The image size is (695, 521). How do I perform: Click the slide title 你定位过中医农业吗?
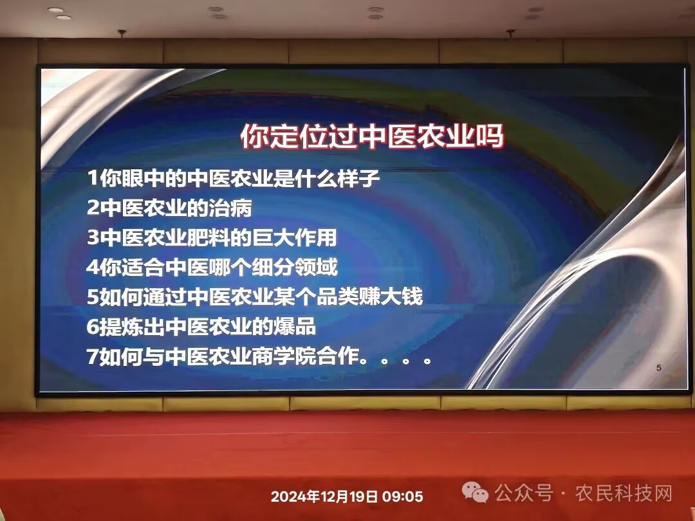coord(373,136)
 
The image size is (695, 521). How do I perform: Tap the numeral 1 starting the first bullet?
coord(93,178)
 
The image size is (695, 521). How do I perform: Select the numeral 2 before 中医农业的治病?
coord(93,208)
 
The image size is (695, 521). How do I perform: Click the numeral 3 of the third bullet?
coord(93,237)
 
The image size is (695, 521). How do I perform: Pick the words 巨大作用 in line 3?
coord(295,237)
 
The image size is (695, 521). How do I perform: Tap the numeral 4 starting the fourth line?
coord(93,267)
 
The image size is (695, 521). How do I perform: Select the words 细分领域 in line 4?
coord(295,267)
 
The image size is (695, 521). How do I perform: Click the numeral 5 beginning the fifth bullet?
coord(93,297)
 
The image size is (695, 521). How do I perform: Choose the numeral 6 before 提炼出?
coord(93,327)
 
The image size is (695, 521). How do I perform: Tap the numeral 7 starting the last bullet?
coord(93,356)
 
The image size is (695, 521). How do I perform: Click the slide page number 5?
coord(659,368)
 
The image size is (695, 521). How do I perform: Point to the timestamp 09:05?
coord(402,497)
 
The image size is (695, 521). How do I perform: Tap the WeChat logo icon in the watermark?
coord(475,492)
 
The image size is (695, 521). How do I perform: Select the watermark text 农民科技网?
coord(624,493)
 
